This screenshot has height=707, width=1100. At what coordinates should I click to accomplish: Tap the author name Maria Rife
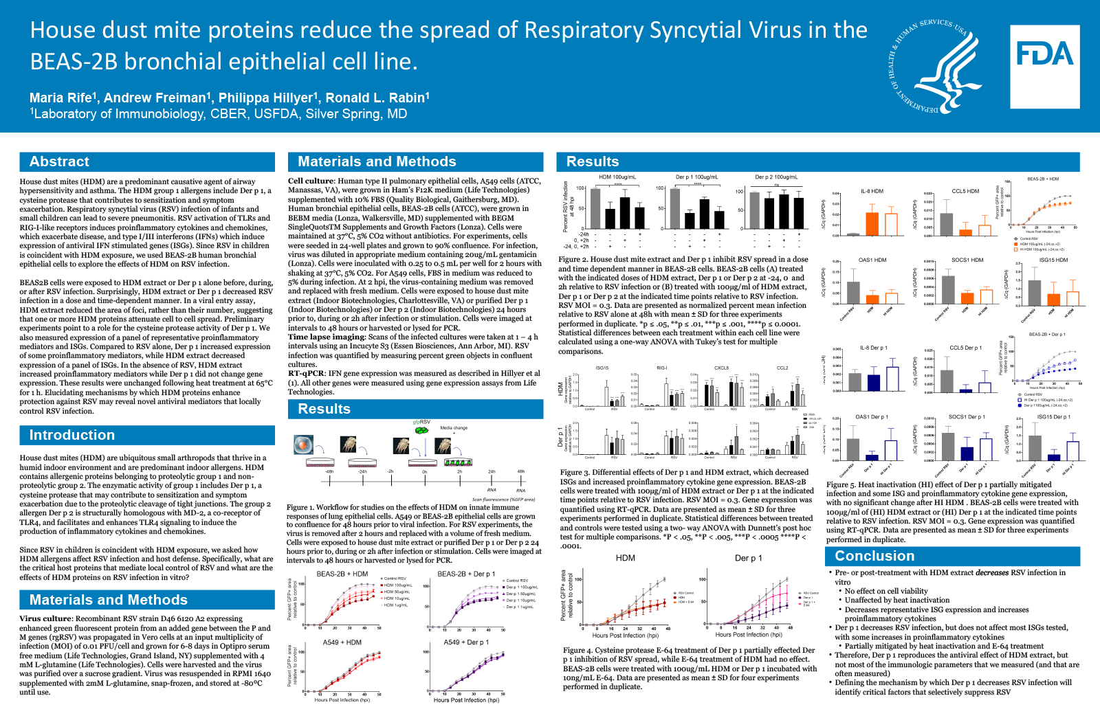click(63, 98)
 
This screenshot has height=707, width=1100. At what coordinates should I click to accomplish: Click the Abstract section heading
click(59, 161)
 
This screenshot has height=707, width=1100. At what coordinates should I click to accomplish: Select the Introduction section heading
click(71, 435)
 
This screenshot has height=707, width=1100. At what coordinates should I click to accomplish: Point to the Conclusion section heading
click(874, 556)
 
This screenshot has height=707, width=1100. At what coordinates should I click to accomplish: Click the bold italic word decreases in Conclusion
click(992, 572)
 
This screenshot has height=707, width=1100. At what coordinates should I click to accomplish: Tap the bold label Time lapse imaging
click(327, 337)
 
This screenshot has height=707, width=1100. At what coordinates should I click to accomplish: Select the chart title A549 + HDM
click(342, 642)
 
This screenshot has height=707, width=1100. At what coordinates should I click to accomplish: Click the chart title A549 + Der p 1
click(466, 642)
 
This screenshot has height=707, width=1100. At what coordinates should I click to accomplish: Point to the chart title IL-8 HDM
click(872, 191)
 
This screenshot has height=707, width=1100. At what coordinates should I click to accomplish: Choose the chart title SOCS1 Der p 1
click(966, 416)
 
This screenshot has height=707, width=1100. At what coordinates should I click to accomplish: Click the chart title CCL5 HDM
click(965, 191)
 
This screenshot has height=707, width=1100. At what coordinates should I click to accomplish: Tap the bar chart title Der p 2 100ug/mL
click(776, 177)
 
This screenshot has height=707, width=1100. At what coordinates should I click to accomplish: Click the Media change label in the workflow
click(454, 427)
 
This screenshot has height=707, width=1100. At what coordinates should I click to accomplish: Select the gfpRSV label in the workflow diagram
click(421, 422)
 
